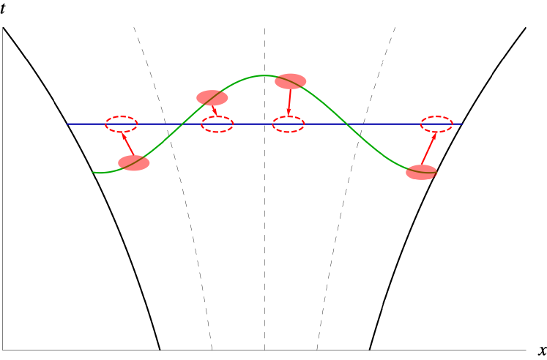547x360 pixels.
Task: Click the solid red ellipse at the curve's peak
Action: pyautogui.click(x=291, y=81)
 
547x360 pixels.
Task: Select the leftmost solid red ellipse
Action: pyautogui.click(x=134, y=163)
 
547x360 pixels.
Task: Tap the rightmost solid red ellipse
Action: pyautogui.click(x=421, y=173)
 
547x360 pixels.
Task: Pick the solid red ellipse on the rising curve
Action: pyautogui.click(x=212, y=98)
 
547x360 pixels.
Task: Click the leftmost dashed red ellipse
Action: pyautogui.click(x=122, y=124)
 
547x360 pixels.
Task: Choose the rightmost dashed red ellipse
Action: pyautogui.click(x=436, y=124)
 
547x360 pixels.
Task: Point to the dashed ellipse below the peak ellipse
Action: pyautogui.click(x=289, y=124)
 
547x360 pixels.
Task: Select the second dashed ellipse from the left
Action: pyautogui.click(x=217, y=124)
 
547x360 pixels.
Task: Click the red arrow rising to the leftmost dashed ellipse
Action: pyautogui.click(x=128, y=143)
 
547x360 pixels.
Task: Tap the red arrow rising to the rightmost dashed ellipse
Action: pyautogui.click(x=429, y=149)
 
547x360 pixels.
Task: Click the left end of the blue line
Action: pyautogui.click(x=68, y=124)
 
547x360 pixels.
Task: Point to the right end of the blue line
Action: pyautogui.click(x=461, y=124)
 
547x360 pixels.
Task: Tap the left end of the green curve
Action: pyautogui.click(x=94, y=173)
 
